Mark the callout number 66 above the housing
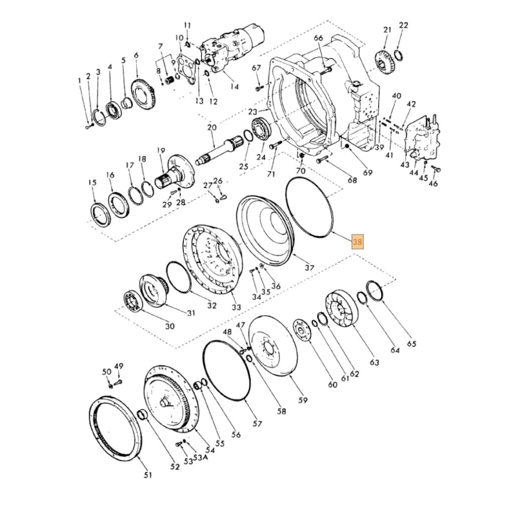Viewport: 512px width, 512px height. point(318,38)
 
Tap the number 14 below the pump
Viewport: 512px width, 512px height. point(234,87)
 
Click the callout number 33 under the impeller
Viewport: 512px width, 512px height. point(236,307)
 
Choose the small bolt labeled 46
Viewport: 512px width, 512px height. point(436,169)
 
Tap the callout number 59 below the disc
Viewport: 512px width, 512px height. point(303,400)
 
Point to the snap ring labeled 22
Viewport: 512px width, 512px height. point(399,55)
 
